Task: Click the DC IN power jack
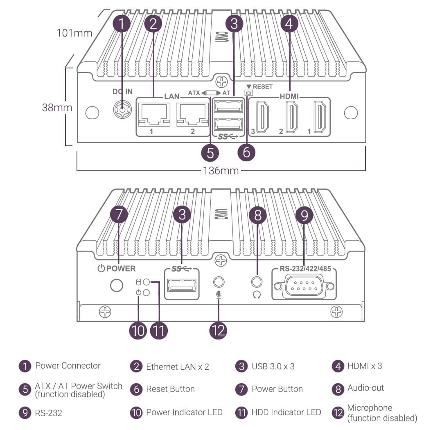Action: (x=122, y=110)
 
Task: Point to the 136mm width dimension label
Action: (x=221, y=170)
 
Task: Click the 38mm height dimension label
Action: (x=57, y=108)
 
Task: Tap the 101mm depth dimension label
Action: (x=74, y=32)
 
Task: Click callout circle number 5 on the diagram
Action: (x=210, y=152)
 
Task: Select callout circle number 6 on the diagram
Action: (x=246, y=152)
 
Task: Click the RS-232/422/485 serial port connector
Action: (x=304, y=286)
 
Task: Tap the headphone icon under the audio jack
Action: (x=257, y=294)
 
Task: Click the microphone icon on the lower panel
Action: (x=219, y=294)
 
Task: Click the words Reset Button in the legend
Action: (x=170, y=389)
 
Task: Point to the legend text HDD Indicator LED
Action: (x=286, y=412)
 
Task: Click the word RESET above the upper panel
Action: (x=262, y=87)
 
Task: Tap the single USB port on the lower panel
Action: (x=182, y=285)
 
